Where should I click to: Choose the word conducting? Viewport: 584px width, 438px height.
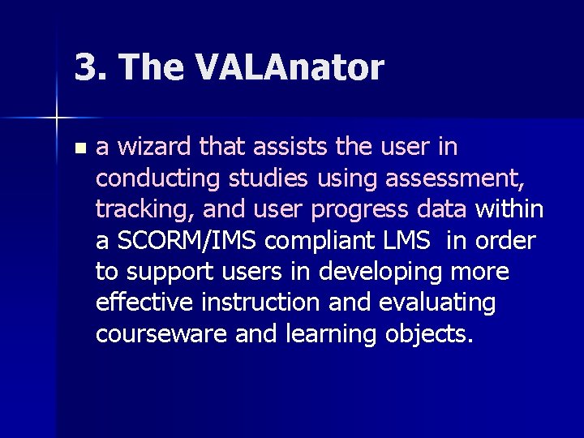click(x=154, y=178)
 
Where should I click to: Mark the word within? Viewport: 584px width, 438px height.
click(x=509, y=209)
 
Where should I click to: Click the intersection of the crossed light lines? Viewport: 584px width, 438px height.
click(x=57, y=118)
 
